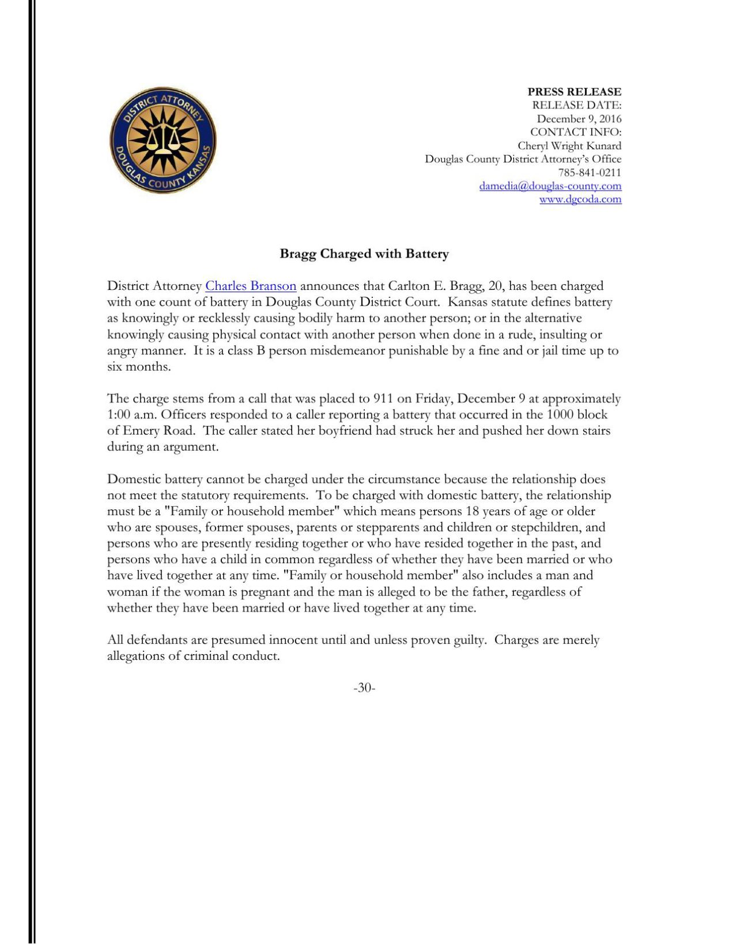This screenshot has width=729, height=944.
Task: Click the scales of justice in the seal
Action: pos(163,139)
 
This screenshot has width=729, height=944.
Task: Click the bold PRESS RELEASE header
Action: pos(574,92)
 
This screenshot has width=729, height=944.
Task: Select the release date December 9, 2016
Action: pos(579,119)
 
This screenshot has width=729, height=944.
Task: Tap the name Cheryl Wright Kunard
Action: pos(569,146)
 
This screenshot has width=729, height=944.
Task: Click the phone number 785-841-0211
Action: pos(589,172)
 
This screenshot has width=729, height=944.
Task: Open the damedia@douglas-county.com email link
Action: pos(550,186)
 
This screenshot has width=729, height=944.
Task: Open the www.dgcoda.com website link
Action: pos(580,199)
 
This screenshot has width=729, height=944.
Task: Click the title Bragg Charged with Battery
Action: pos(364,254)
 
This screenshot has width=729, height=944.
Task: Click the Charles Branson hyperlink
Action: pos(251,286)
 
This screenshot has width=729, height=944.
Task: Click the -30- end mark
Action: pos(364,688)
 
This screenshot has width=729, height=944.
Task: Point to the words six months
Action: pos(139,367)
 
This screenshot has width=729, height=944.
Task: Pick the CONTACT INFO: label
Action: pos(575,132)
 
